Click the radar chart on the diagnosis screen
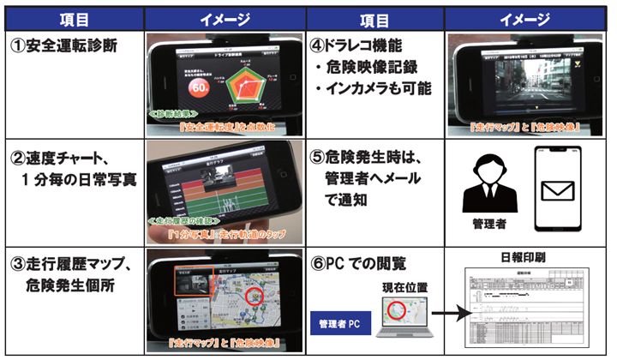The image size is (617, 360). coord(245,80)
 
